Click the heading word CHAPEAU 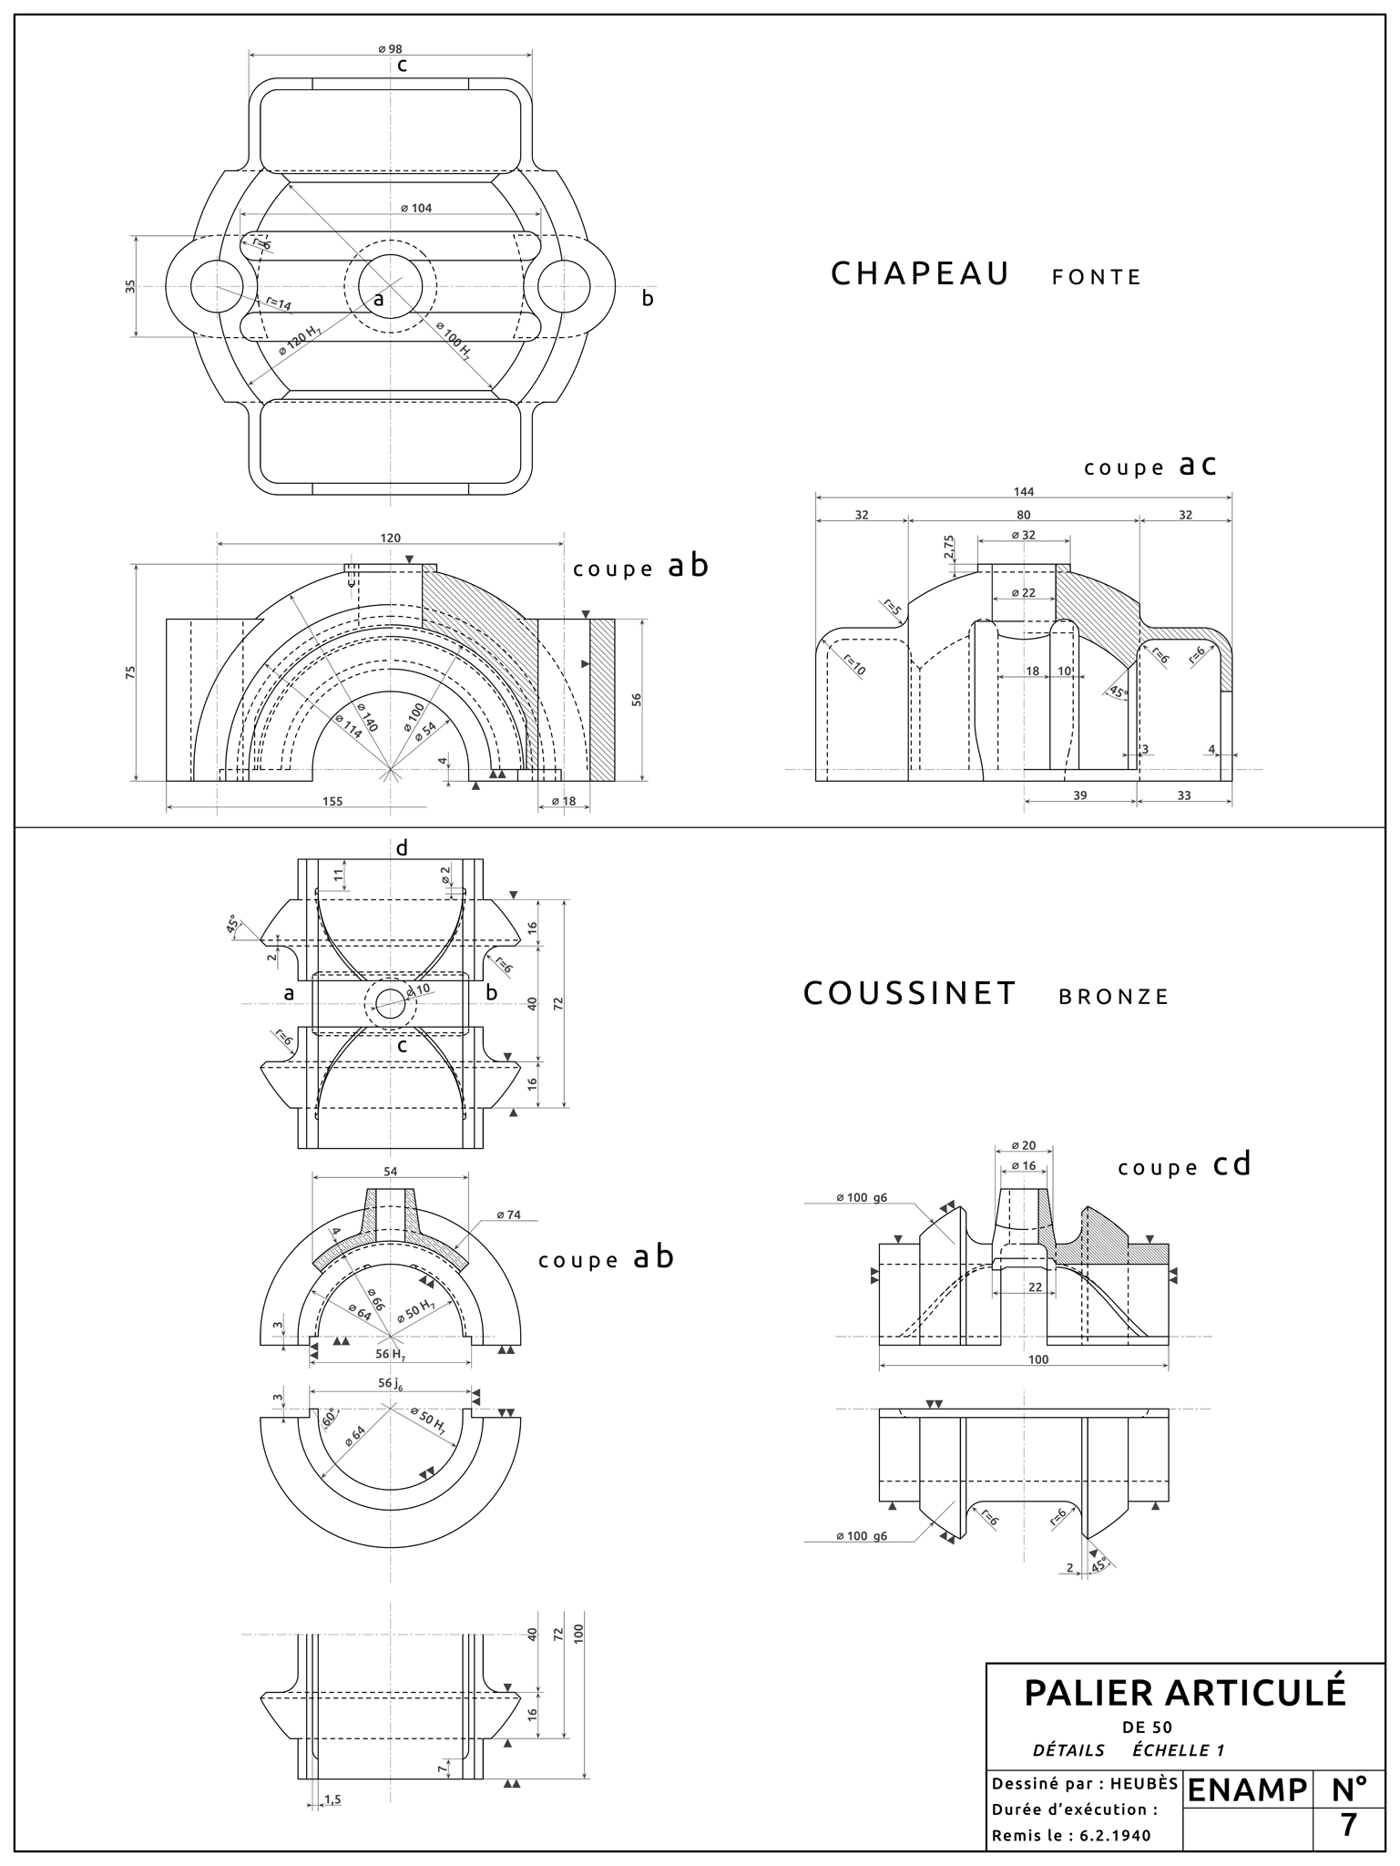click(x=920, y=274)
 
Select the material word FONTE click(x=1096, y=278)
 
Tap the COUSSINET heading click(x=909, y=993)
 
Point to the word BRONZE click(x=1113, y=997)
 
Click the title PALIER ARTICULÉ click(x=1184, y=1693)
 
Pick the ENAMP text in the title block click(x=1247, y=1789)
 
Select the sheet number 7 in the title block click(x=1349, y=1825)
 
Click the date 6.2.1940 click(x=1115, y=1836)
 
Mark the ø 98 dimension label click(x=391, y=48)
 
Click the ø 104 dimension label click(x=416, y=208)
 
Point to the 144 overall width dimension click(x=1024, y=492)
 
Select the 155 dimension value click(x=333, y=801)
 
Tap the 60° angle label click(x=329, y=1419)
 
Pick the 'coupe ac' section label click(x=1150, y=466)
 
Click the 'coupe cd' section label click(x=1184, y=1165)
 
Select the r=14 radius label click(x=278, y=304)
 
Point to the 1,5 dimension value click(x=332, y=1799)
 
